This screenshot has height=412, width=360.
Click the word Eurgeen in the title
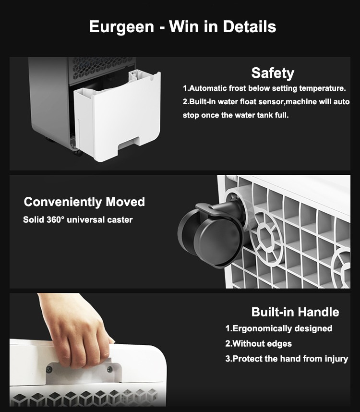coord(121,27)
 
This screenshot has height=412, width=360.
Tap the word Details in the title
coord(250,26)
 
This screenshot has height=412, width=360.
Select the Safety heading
coord(273,73)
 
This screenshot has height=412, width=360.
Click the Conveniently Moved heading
coord(84,202)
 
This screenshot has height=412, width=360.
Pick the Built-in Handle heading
coord(295,312)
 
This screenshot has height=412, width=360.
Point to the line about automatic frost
coord(264,88)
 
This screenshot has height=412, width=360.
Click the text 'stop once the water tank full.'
coord(236,115)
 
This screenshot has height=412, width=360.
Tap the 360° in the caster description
coord(55,219)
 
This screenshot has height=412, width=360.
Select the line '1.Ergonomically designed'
coord(279,328)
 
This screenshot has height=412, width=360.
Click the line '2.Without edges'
coord(258,344)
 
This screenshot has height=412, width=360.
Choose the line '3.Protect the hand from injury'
coord(287,359)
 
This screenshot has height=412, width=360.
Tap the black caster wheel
coord(211,234)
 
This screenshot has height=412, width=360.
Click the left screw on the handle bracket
coord(49,370)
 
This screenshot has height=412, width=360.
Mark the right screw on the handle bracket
coord(110,369)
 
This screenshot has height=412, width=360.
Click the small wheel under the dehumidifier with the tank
coord(78,152)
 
